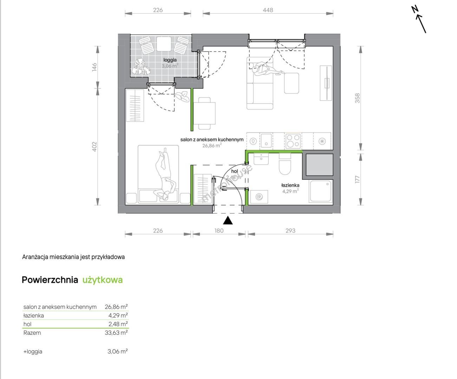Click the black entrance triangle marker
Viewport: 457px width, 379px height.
(228, 220)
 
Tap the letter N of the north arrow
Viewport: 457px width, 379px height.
(415, 10)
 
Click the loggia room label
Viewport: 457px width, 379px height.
(170, 60)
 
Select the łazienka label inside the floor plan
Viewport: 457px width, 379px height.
(290, 185)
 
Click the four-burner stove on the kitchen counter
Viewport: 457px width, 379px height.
(293, 141)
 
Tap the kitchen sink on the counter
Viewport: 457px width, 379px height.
(266, 141)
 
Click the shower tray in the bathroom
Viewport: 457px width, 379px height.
(321, 191)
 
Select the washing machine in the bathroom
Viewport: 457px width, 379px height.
(259, 197)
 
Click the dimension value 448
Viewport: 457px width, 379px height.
(268, 10)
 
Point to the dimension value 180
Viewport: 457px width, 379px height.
(219, 231)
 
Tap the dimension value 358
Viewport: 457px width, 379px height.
(357, 98)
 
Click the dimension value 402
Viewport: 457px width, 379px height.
(94, 147)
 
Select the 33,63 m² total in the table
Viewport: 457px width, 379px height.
(116, 333)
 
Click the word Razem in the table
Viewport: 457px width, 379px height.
(32, 333)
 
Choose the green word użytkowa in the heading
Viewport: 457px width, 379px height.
(103, 280)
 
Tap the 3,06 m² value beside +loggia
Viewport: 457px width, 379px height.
(118, 351)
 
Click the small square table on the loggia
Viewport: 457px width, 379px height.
(164, 44)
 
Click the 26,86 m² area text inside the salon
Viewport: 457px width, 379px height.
(212, 145)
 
